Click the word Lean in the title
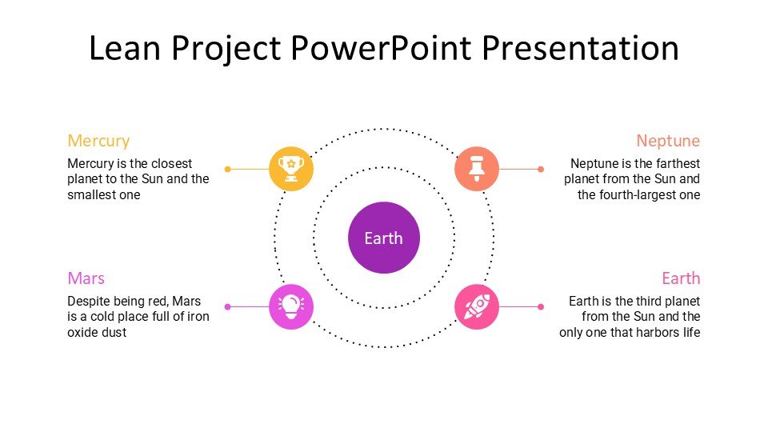[125, 48]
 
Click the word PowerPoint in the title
[381, 48]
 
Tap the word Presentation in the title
[581, 48]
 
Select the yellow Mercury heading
[98, 141]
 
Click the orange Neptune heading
[668, 141]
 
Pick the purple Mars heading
[86, 278]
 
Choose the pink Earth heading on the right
[681, 278]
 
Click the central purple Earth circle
[384, 238]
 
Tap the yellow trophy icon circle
[291, 169]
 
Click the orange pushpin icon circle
[477, 169]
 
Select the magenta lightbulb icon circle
[291, 306]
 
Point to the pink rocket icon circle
[477, 306]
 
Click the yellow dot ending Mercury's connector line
[227, 169]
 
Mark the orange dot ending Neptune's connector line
[541, 169]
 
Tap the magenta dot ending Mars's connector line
[227, 306]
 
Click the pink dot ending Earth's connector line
[541, 306]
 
